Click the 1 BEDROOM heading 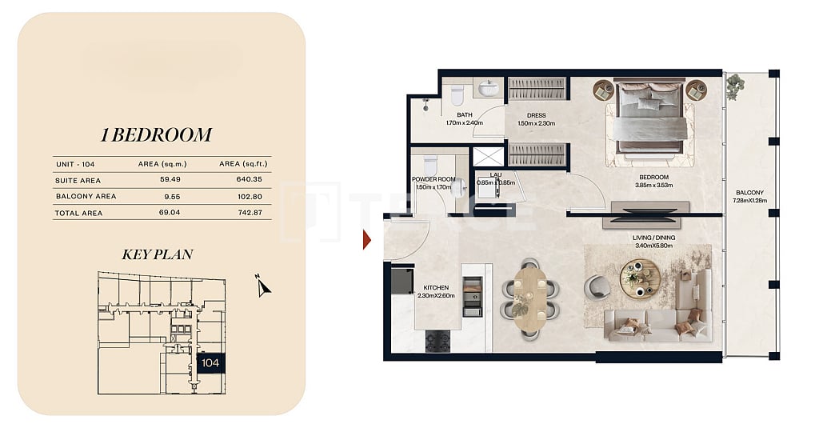pyautogui.click(x=156, y=134)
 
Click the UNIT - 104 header pyautogui.click(x=76, y=164)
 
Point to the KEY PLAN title pyautogui.click(x=157, y=255)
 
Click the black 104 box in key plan pyautogui.click(x=210, y=363)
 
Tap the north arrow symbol pyautogui.click(x=264, y=286)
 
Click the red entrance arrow pyautogui.click(x=367, y=239)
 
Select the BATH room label pyautogui.click(x=464, y=115)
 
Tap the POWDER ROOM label pyautogui.click(x=433, y=180)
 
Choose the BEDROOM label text pyautogui.click(x=653, y=177)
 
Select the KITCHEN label pyautogui.click(x=436, y=288)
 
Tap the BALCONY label pyautogui.click(x=750, y=192)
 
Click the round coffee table pyautogui.click(x=640, y=278)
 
